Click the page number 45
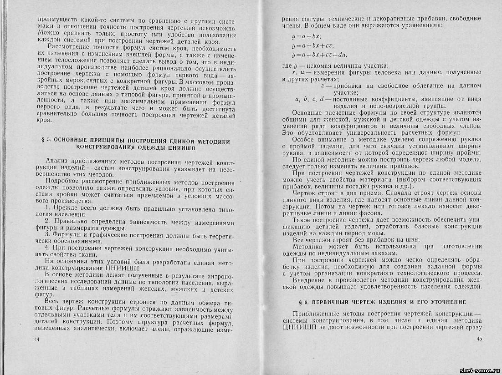click(x=478, y=339)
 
